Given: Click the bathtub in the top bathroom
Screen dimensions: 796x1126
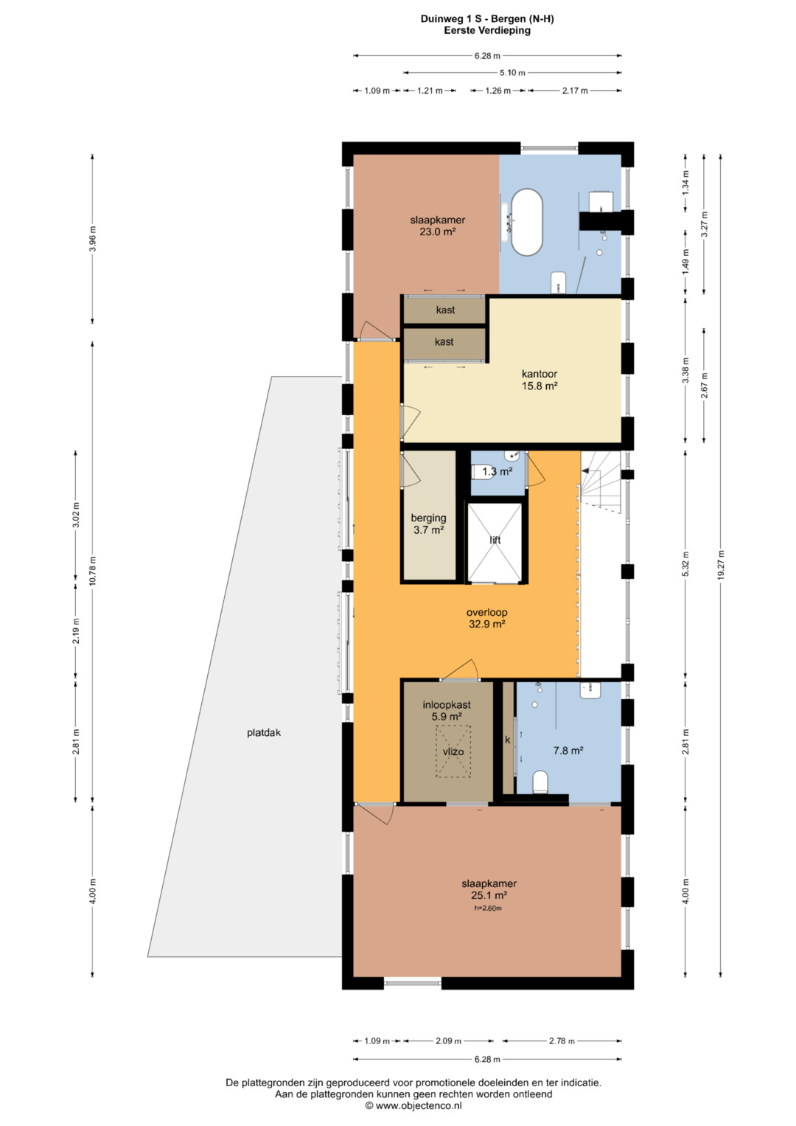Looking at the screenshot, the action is (x=527, y=222).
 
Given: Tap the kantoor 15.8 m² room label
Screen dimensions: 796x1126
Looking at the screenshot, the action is (x=540, y=380).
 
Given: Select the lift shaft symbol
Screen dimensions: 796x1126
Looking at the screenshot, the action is (x=495, y=542).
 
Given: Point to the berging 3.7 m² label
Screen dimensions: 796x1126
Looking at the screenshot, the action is (x=428, y=524).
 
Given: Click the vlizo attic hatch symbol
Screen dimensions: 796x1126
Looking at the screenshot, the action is (x=453, y=751).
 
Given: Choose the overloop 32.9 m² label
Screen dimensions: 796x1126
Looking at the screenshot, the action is (x=486, y=618).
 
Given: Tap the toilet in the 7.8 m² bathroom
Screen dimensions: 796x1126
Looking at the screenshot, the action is (x=540, y=782).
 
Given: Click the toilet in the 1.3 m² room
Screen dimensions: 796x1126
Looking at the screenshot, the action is (x=478, y=472).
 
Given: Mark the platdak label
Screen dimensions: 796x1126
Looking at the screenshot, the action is (x=263, y=732).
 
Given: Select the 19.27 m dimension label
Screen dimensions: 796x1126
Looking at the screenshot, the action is (x=721, y=565).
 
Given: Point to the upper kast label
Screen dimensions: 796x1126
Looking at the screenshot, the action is (x=445, y=310).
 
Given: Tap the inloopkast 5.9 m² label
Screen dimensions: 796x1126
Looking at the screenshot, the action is (x=446, y=710).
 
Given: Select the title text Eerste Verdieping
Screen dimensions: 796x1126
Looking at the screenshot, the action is (x=487, y=30).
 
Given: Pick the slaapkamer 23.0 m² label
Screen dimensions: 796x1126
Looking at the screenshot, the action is (x=437, y=226).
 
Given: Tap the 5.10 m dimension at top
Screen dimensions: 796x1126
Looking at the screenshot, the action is (x=512, y=73).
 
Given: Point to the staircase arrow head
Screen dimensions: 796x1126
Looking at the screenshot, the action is (x=585, y=470).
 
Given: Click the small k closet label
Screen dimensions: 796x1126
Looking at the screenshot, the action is (x=508, y=740).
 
